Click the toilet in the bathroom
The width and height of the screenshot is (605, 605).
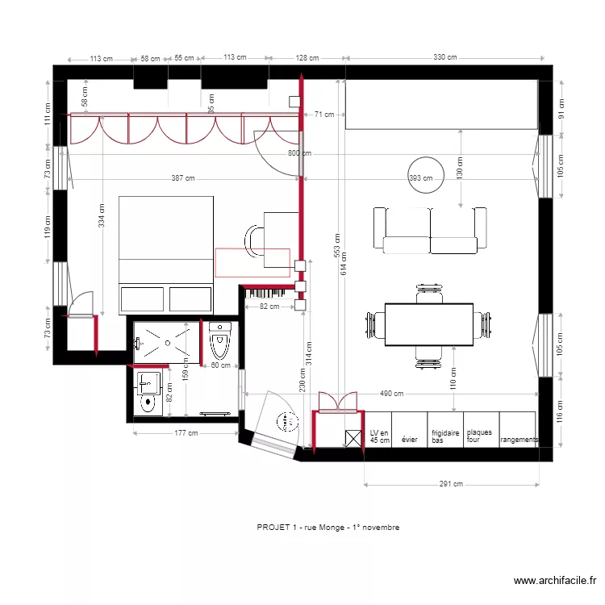tap(220, 341)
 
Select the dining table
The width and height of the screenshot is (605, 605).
tap(428, 324)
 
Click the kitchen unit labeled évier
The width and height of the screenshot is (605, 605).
tap(410, 440)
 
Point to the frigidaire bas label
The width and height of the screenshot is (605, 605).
tap(445, 436)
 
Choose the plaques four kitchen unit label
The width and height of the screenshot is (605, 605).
tap(479, 436)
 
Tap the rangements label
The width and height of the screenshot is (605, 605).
tap(518, 440)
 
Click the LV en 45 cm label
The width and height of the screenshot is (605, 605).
tap(379, 436)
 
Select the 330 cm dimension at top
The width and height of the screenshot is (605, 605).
tap(445, 57)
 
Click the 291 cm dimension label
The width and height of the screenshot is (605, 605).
tap(451, 484)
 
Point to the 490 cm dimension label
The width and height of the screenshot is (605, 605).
tap(392, 393)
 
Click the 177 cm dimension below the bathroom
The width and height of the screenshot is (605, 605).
tap(186, 433)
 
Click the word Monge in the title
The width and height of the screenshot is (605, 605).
tap(318, 527)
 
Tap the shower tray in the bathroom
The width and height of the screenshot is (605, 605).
tap(165, 340)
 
